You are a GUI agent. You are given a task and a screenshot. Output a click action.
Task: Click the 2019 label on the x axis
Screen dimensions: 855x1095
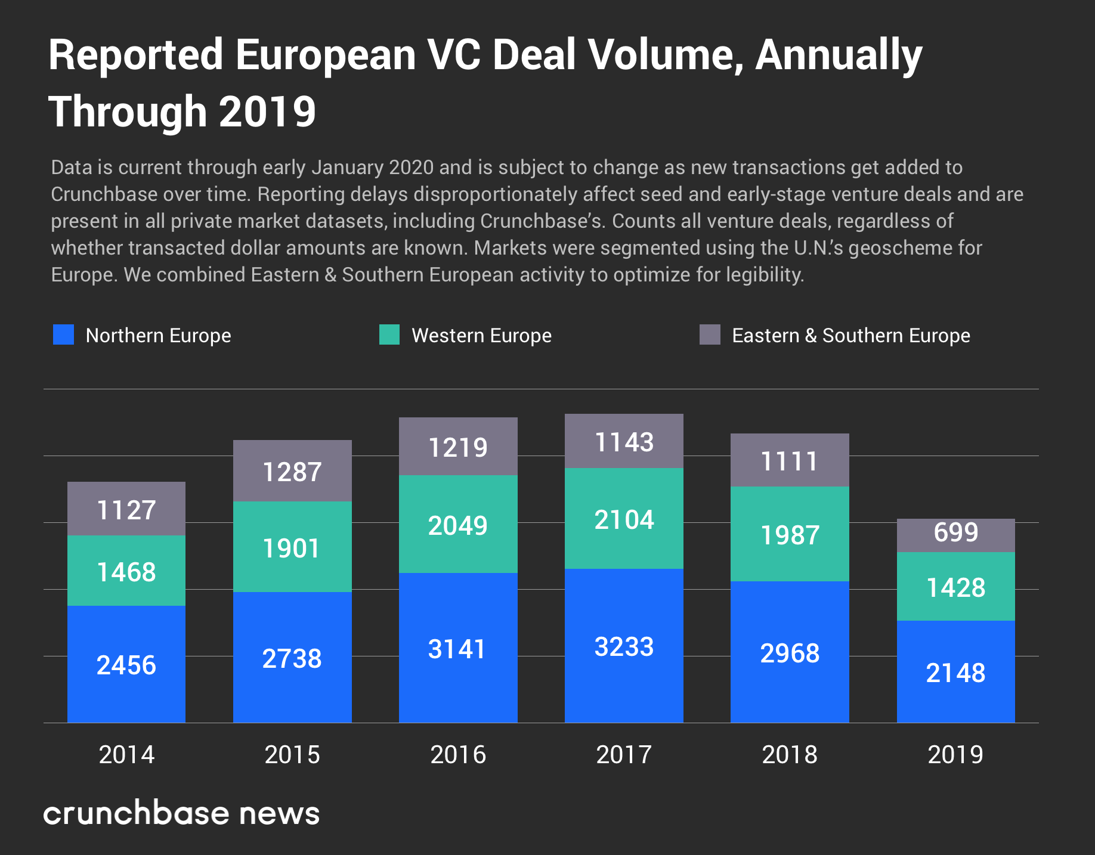coord(955,755)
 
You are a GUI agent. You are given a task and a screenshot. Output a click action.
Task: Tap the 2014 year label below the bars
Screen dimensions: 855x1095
coord(126,755)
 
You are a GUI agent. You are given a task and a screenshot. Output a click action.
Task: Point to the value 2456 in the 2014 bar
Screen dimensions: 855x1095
coord(126,665)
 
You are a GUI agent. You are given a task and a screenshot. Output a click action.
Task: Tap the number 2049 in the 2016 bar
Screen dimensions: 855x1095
coord(458,526)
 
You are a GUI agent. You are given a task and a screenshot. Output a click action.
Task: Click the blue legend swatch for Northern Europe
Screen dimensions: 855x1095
coord(63,334)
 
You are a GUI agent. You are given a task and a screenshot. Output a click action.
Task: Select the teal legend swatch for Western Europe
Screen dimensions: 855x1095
coord(389,334)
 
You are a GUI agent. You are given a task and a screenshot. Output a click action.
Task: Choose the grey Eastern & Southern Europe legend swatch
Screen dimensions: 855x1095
coord(710,334)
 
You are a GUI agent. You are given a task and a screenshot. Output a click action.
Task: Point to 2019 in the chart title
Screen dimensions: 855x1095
coord(267,112)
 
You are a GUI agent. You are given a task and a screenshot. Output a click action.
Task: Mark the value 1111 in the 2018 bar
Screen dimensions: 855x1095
coord(790,461)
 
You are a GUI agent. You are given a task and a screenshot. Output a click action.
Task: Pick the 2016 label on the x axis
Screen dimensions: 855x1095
coord(458,755)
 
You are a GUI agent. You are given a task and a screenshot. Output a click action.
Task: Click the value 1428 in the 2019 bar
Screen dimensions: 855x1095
coord(955,588)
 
